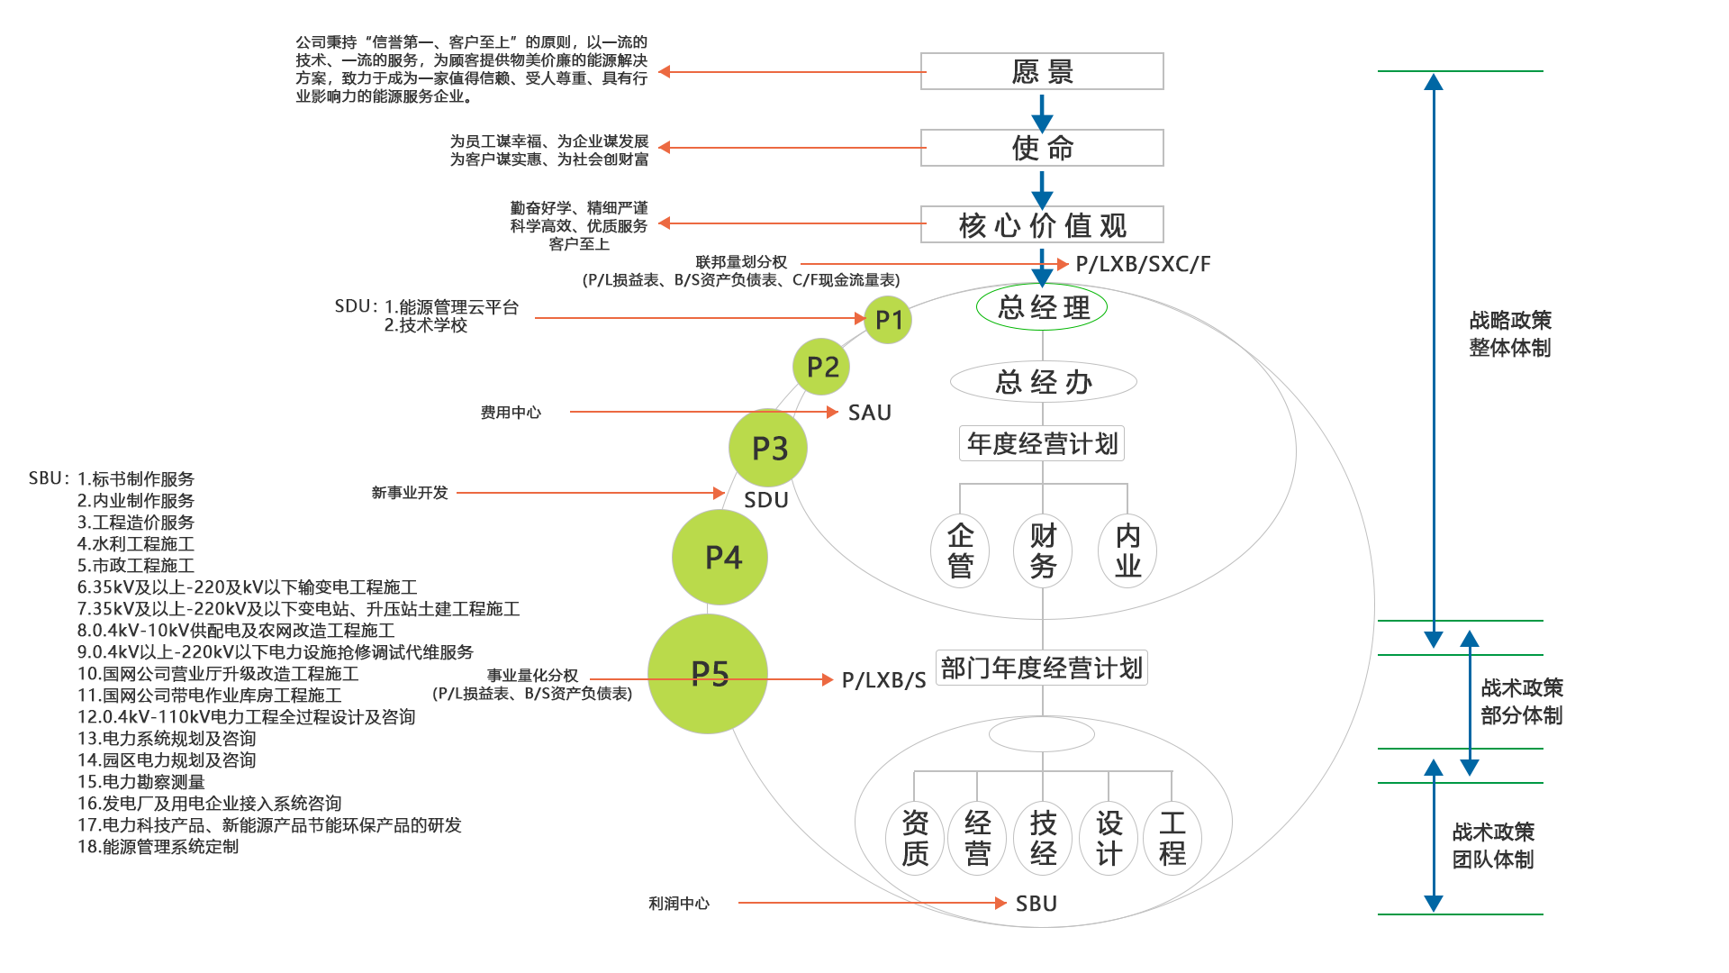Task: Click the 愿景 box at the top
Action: [x=1042, y=71]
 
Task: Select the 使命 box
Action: [x=1042, y=148]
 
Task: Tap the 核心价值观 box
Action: [x=1042, y=224]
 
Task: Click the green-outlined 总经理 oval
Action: [x=1042, y=307]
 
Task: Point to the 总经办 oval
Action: [x=1043, y=382]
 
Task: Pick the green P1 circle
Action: [x=888, y=320]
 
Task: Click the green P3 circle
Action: [x=768, y=448]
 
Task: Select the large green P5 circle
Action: [x=708, y=674]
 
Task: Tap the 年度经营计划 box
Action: [x=1042, y=443]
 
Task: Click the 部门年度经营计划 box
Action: [x=1042, y=668]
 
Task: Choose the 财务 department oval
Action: [x=1043, y=550]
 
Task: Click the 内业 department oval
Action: [x=1127, y=550]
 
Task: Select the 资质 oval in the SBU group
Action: [x=915, y=838]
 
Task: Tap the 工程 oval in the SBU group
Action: [x=1172, y=838]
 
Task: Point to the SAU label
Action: [x=869, y=413]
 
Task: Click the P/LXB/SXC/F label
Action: [x=1143, y=264]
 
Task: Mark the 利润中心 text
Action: [x=679, y=903]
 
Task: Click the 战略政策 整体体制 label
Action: [x=1510, y=333]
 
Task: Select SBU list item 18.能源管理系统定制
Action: [x=158, y=847]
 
